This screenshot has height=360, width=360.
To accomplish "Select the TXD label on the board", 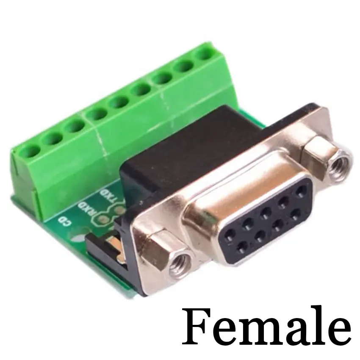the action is coord(108,196).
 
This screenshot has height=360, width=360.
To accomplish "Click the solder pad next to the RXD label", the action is coord(102,219).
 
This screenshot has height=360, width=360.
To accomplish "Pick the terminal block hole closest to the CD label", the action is coord(30,151).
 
